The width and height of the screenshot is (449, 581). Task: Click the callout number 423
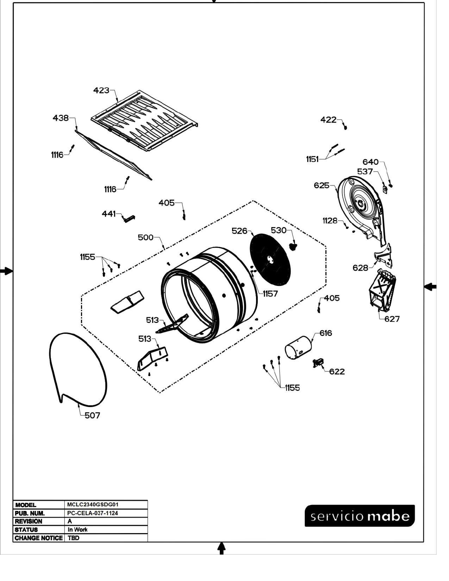tap(101, 90)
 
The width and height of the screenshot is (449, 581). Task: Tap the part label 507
tap(92, 415)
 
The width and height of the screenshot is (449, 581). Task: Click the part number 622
tap(337, 371)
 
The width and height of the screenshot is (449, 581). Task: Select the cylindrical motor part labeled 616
tap(298, 348)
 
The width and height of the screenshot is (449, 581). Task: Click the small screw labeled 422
tap(345, 127)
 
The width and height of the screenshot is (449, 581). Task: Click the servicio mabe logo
tap(360, 516)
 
